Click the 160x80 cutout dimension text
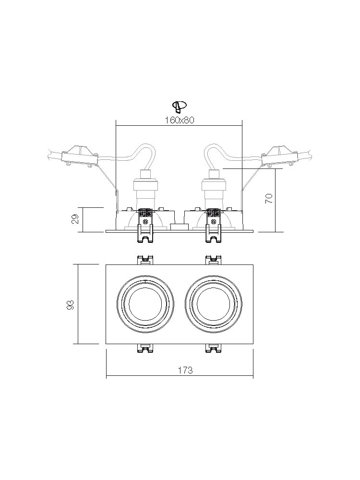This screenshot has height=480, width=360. coord(179,120)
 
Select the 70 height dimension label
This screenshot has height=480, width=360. coord(269,199)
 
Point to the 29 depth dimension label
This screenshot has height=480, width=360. coord(75,219)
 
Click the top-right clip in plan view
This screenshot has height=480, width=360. coord(213,259)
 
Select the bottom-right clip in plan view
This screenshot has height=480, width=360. coord(213,348)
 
